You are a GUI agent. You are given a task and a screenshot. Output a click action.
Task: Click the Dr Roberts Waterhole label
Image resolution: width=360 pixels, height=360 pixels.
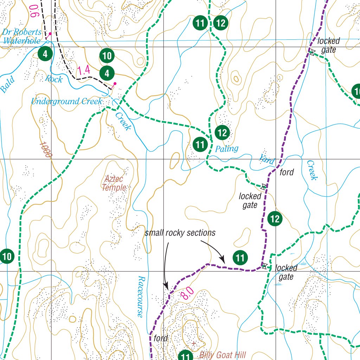point(22,37)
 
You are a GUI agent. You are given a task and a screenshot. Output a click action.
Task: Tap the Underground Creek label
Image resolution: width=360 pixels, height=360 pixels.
point(66,102)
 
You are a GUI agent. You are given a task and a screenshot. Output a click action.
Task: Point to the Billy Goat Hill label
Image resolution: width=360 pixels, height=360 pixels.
point(223,355)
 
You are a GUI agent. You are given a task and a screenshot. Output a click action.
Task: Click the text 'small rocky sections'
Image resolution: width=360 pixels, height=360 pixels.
point(180,233)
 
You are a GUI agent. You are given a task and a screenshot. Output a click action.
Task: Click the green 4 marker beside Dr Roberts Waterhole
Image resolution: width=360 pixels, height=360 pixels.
point(45,54)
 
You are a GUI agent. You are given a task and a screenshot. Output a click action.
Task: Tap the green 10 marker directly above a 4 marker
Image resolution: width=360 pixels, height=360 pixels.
point(107,56)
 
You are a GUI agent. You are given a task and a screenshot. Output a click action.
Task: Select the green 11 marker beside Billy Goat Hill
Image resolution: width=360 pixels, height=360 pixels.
point(186,356)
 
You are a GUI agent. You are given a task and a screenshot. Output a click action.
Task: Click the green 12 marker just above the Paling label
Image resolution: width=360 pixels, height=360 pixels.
point(222,133)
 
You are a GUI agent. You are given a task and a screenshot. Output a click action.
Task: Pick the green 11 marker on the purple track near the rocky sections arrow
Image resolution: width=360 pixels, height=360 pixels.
point(240,258)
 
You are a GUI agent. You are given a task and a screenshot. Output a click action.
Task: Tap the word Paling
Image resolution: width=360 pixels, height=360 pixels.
point(227,148)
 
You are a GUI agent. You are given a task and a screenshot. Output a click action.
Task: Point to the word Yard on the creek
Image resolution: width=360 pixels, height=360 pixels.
point(266,159)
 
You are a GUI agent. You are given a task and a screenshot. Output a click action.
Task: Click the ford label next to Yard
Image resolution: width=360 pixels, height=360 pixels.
point(287,173)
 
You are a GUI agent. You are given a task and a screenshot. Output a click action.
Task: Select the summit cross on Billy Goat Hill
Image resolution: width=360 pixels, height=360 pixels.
point(193,343)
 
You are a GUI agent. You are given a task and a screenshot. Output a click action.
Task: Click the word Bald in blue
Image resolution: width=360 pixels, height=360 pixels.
point(8,85)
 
